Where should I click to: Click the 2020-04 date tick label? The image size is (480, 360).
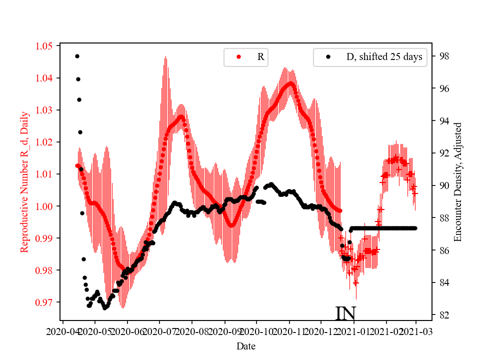[62, 331]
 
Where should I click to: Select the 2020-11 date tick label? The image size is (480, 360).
[289, 331]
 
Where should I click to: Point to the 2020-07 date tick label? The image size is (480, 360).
[159, 331]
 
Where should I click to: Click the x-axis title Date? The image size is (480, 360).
[245, 345]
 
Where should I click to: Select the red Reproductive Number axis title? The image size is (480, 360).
[24, 181]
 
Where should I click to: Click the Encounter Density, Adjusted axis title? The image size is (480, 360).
[457, 181]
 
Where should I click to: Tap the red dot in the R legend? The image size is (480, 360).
[238, 57]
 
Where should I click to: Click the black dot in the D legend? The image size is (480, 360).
[328, 57]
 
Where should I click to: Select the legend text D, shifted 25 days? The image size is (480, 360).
[384, 57]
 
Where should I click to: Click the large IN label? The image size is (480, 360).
[345, 313]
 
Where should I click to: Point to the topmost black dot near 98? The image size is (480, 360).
[77, 56]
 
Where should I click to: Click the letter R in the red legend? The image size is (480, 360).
[260, 57]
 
